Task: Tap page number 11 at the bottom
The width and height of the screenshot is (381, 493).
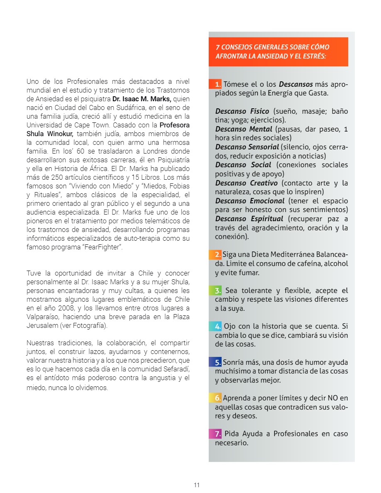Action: (x=197, y=485)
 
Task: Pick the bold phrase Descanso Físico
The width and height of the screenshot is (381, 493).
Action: (x=242, y=112)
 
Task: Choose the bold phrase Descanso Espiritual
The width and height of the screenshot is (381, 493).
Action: (x=249, y=219)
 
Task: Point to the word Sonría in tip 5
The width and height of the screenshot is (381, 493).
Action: (x=233, y=363)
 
